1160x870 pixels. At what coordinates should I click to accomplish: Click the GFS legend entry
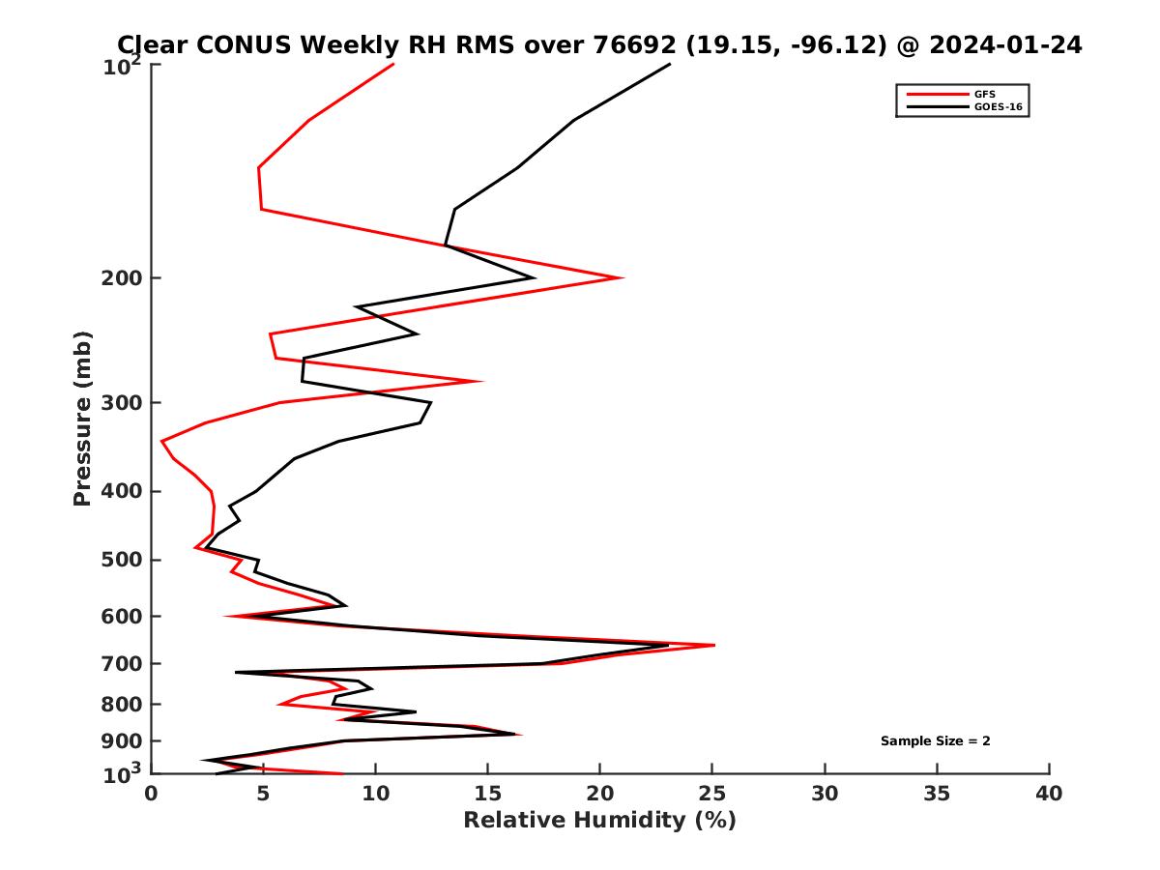pos(985,94)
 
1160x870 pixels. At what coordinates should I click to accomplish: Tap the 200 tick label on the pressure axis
pos(122,278)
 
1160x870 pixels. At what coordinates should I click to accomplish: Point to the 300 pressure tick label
pos(122,403)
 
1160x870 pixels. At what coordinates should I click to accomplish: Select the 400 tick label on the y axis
pos(122,491)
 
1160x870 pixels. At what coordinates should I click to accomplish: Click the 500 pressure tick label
pos(122,560)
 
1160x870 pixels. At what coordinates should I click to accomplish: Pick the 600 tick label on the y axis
pos(122,616)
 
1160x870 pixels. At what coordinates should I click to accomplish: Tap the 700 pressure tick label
pos(122,663)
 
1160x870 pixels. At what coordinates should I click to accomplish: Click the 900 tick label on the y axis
pos(122,741)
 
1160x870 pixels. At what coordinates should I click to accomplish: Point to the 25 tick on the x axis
pos(712,794)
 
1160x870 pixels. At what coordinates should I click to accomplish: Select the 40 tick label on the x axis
pos(1049,794)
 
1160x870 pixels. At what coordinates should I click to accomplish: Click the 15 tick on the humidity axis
pos(488,794)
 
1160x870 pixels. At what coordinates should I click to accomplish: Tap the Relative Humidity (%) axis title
pos(599,821)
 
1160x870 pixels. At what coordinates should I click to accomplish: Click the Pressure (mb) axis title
pos(82,418)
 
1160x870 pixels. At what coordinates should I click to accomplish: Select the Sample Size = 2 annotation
pos(935,741)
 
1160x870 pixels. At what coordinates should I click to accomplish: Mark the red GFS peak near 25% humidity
pos(714,645)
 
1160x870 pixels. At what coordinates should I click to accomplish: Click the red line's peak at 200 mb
pos(623,278)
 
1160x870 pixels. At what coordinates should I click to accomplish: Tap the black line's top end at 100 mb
pos(670,65)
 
